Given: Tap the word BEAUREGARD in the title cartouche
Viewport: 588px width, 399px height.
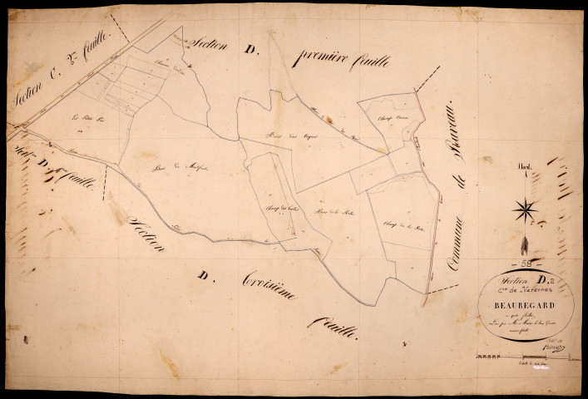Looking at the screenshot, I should [x=513, y=303].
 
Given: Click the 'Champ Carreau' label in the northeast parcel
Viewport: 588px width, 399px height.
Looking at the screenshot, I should [x=384, y=117].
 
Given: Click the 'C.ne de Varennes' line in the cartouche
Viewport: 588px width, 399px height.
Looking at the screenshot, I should [x=514, y=291].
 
